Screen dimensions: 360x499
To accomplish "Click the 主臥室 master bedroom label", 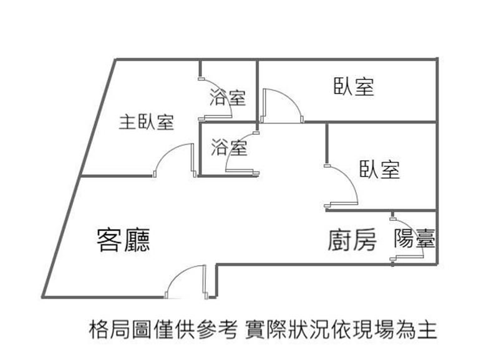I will [147, 122].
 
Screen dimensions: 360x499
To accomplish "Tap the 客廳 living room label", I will [124, 239].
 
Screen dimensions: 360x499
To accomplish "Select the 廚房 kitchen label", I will [352, 240].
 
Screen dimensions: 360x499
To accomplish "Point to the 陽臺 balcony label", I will [414, 239].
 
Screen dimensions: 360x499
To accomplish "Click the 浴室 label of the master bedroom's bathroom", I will [227, 97].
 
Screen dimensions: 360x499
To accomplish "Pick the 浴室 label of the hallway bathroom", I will [229, 148].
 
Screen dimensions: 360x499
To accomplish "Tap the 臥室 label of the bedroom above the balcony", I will [379, 169].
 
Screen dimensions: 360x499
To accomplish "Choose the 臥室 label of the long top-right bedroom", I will [354, 87].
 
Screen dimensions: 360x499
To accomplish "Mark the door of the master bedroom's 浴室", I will [218, 100].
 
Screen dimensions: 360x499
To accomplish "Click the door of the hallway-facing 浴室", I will [240, 153].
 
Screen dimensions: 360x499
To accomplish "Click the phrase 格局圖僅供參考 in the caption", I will [163, 329].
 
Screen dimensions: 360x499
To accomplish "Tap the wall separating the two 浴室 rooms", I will [228, 123].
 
